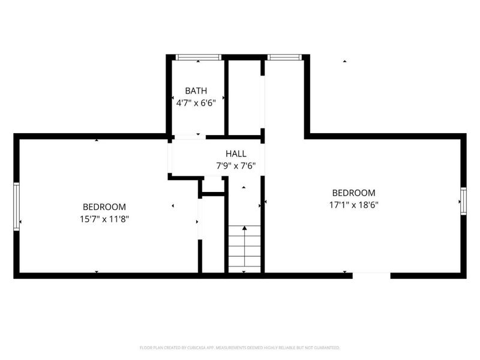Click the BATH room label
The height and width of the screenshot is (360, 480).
click(196, 91)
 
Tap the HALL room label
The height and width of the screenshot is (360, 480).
click(236, 154)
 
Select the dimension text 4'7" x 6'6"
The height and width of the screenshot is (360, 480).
click(196, 103)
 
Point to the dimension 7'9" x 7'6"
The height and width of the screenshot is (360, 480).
click(236, 166)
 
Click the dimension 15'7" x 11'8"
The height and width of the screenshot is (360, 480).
click(105, 219)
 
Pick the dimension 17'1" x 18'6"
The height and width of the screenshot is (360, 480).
click(354, 205)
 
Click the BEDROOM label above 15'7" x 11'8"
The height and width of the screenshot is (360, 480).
click(104, 207)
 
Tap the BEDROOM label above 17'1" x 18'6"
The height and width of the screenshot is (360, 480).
click(354, 193)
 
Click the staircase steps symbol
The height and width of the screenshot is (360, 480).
click(244, 248)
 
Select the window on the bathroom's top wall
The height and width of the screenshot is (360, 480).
click(199, 57)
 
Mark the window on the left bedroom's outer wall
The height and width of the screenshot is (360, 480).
click(17, 206)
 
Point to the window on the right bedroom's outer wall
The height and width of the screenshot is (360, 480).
click(463, 200)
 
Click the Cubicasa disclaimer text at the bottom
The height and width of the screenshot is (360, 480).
click(240, 347)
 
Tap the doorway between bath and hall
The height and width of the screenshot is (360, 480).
click(188, 137)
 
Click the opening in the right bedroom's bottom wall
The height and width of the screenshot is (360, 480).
click(372, 275)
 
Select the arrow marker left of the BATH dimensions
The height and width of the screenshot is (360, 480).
click(173, 97)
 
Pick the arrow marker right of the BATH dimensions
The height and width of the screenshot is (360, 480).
click(223, 97)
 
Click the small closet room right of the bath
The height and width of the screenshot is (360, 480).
click(244, 96)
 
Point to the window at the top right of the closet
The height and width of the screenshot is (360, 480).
click(285, 57)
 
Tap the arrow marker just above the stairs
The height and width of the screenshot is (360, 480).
click(244, 188)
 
